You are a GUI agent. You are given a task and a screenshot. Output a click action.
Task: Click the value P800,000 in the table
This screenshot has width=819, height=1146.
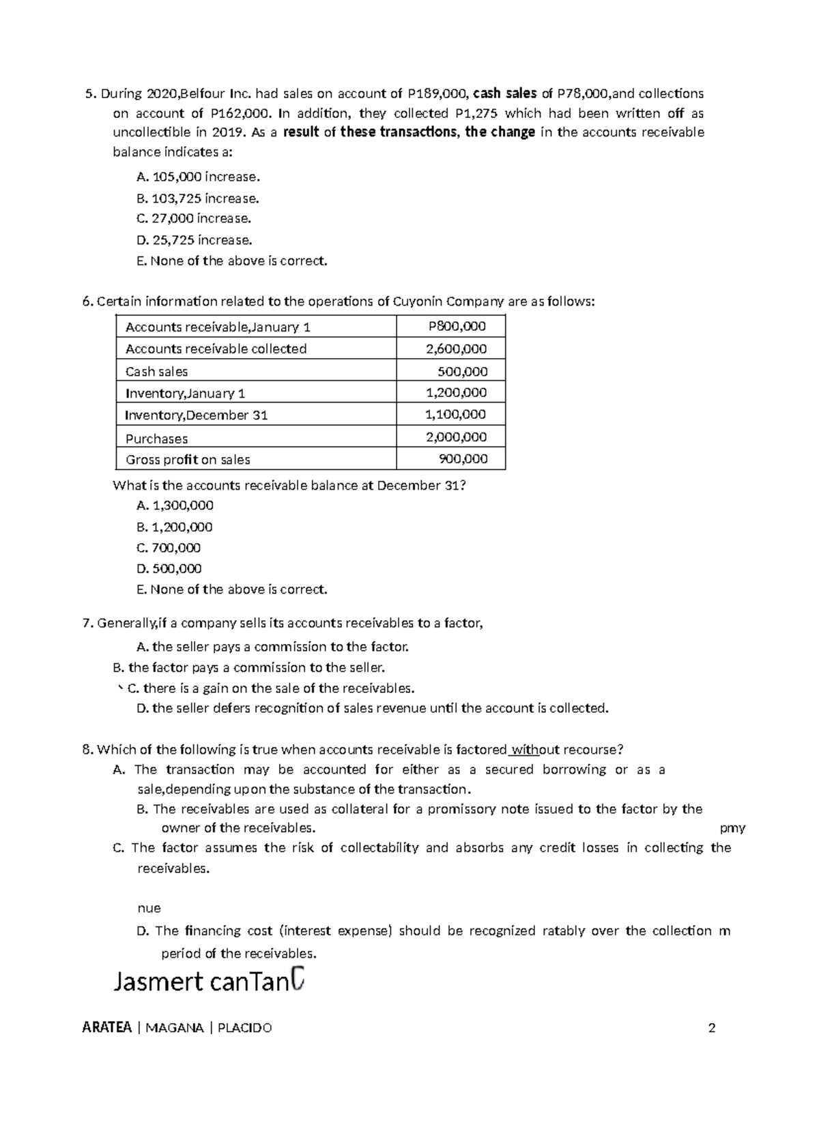tap(457, 327)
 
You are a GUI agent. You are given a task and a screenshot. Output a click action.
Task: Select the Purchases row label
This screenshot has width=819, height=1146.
tap(156, 439)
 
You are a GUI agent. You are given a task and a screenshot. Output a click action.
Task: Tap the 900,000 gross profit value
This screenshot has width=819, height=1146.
tap(463, 459)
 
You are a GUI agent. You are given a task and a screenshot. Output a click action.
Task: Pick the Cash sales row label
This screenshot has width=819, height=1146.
tap(156, 372)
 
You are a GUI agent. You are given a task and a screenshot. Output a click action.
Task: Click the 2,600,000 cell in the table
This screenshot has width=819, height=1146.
tap(456, 349)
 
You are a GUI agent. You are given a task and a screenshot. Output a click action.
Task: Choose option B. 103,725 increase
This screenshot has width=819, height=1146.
tap(197, 199)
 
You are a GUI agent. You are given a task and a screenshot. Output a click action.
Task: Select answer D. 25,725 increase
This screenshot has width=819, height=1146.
tap(194, 240)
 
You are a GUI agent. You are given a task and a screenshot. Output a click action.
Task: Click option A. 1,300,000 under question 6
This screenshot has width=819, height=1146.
tap(175, 505)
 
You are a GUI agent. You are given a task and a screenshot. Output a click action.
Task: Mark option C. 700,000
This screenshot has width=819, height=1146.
tap(169, 548)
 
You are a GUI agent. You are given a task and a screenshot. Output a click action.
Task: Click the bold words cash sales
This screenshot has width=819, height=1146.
tap(505, 93)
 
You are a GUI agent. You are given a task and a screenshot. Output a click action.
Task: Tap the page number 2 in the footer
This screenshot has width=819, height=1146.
tap(712, 1028)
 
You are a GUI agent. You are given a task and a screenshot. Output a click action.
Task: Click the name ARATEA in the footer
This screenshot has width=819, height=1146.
tap(106, 1028)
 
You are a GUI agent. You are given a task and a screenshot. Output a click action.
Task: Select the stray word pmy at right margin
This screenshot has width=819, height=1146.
tap(732, 828)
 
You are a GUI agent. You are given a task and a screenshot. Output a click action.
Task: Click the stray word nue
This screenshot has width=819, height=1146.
tap(149, 908)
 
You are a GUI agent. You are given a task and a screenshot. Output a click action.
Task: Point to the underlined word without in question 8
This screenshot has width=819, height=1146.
tap(525, 750)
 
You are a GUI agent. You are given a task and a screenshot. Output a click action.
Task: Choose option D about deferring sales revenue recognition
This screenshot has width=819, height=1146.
tap(372, 708)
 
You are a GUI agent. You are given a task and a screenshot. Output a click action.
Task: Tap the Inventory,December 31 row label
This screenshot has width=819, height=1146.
tap(197, 415)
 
